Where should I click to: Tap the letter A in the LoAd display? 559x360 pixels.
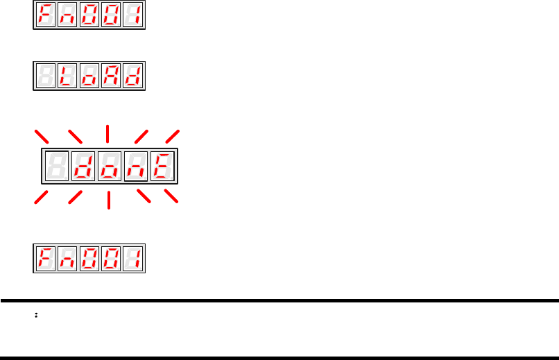click(x=111, y=77)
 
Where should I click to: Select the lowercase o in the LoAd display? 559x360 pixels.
click(x=89, y=77)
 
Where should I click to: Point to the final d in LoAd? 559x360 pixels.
click(x=132, y=77)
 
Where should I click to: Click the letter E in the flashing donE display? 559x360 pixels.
click(x=163, y=166)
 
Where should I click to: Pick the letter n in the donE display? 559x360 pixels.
click(x=137, y=166)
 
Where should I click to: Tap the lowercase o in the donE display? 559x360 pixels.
click(x=110, y=166)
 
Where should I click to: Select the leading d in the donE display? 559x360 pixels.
click(x=84, y=166)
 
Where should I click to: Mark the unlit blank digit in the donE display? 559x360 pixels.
click(x=57, y=166)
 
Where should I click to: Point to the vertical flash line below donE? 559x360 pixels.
click(x=109, y=200)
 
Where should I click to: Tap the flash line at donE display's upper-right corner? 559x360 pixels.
click(x=172, y=137)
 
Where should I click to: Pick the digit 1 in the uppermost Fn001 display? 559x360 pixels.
click(x=132, y=16)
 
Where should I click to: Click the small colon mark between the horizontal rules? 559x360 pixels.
click(x=35, y=315)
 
